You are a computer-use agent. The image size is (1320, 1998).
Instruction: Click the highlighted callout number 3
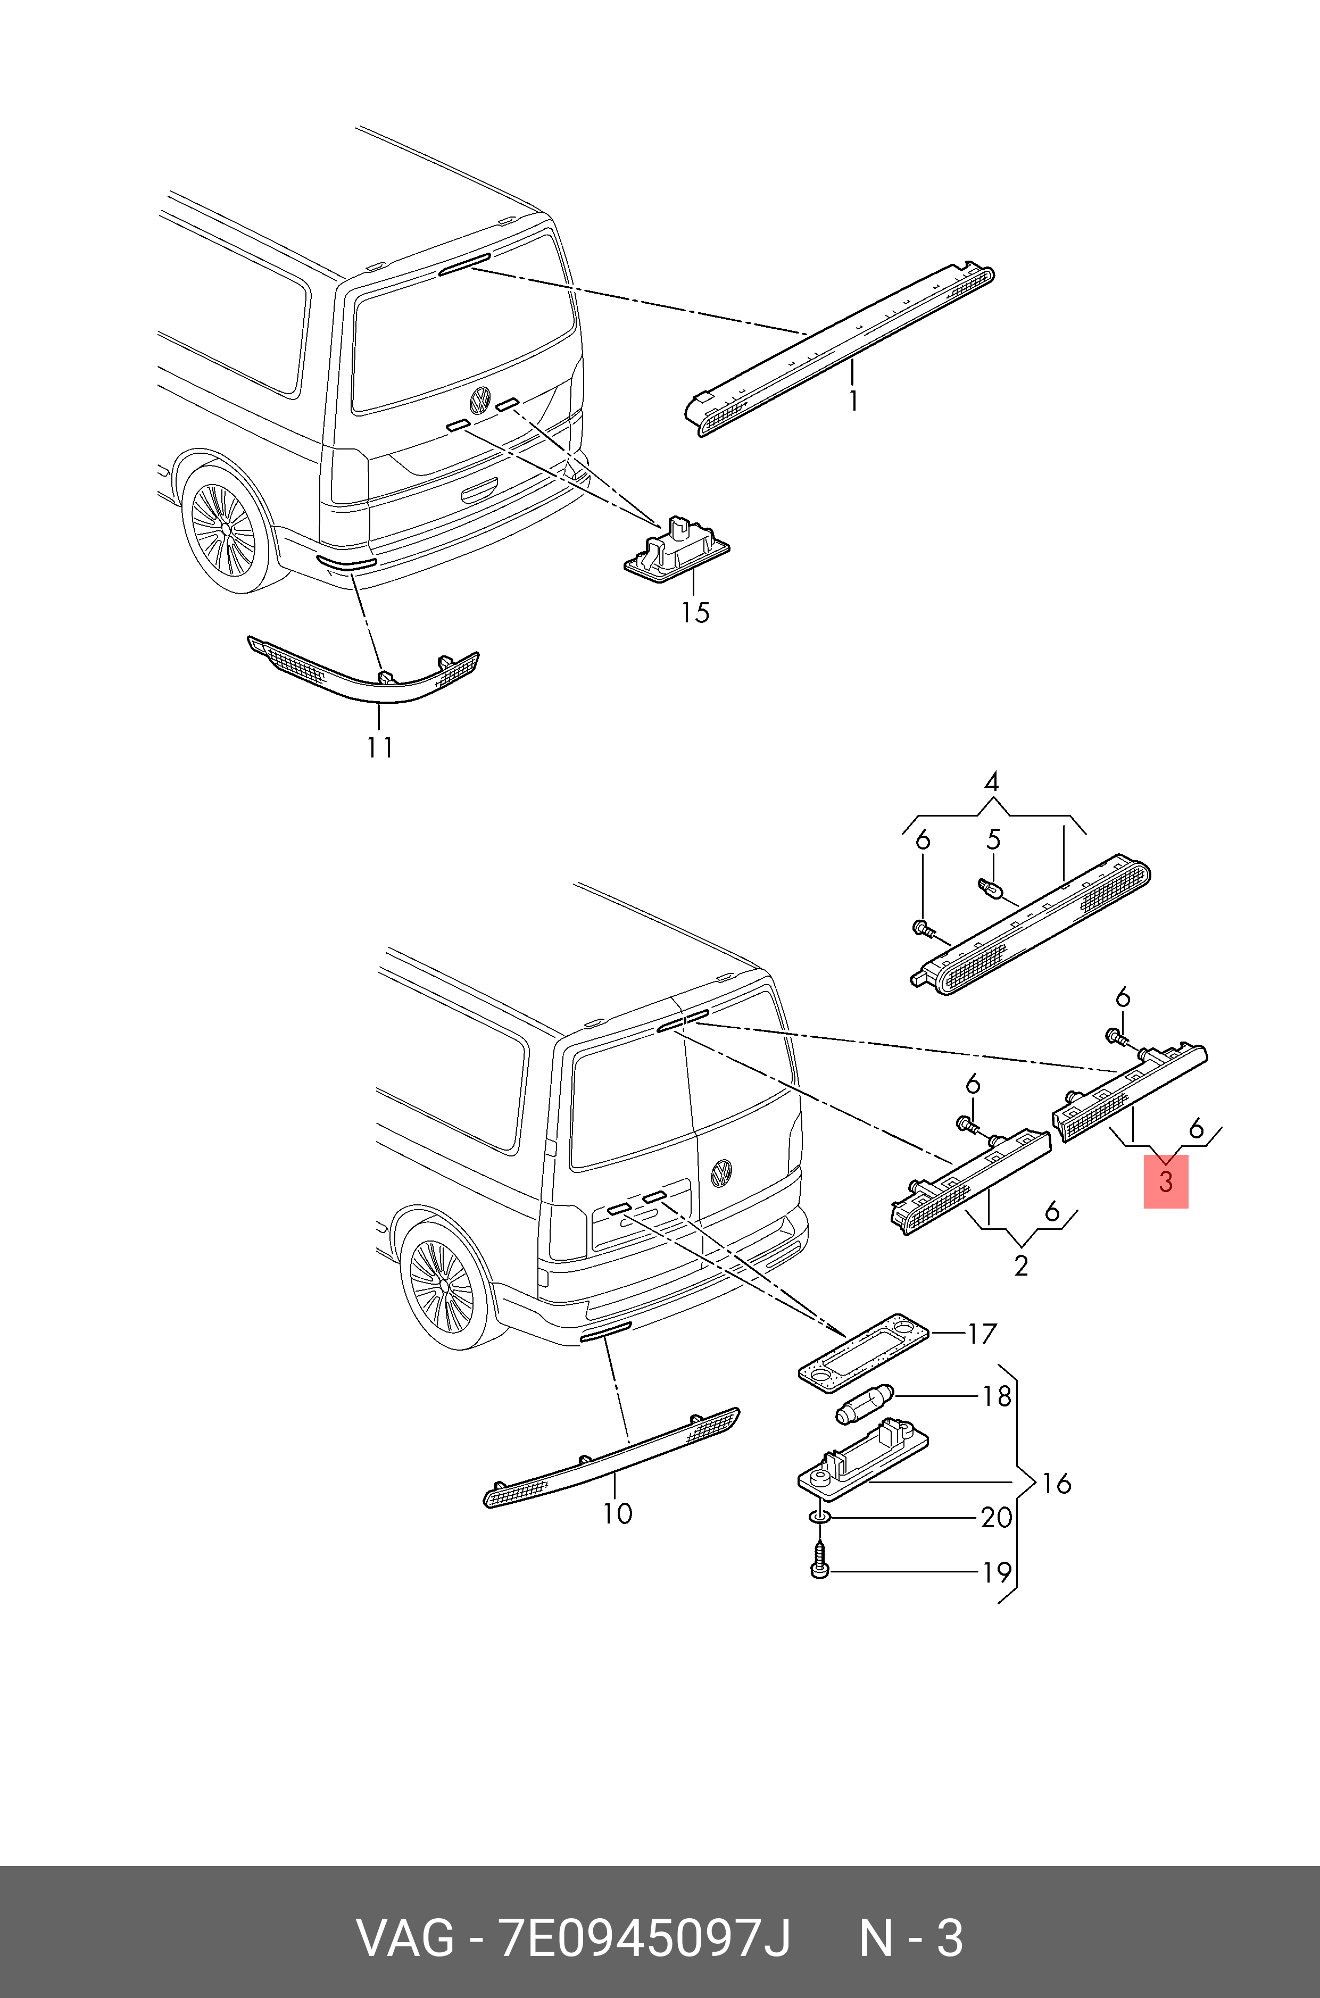[1165, 1181]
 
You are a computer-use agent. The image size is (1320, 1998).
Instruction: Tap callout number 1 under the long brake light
[853, 401]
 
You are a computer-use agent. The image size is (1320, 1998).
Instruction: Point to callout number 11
[380, 747]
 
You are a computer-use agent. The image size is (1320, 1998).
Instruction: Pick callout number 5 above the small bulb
[993, 840]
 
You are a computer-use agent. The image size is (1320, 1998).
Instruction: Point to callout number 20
[997, 1518]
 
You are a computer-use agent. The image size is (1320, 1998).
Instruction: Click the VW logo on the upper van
[480, 400]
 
